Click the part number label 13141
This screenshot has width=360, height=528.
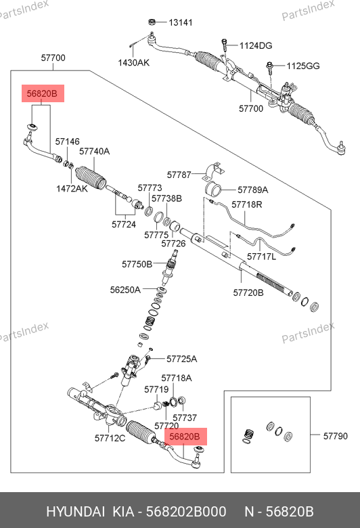pos(181,22)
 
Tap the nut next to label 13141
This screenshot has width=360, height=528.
pos(152,22)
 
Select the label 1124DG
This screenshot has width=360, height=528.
pos(256,45)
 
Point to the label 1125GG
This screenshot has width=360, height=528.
pos(303,66)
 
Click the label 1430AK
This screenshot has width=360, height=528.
pos(134,63)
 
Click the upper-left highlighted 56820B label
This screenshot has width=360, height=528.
pos(43,93)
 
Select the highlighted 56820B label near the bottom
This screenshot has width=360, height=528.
pos(185,437)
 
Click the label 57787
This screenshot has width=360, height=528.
pos(179,175)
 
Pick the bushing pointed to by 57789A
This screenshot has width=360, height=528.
pos(213,190)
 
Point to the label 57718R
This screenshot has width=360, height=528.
pos(247,204)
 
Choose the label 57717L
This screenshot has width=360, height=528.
pos(261,257)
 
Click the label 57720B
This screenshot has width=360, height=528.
pos(248,292)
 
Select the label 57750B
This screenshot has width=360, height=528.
pos(137,264)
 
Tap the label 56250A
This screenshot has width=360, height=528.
pos(125,290)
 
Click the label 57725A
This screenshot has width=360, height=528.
pos(182,359)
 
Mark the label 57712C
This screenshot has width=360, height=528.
pos(110,438)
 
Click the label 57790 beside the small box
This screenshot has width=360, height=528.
pos(336,436)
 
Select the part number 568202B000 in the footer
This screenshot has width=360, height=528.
pos(186,512)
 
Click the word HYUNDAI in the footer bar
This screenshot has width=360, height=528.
pos(75,512)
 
